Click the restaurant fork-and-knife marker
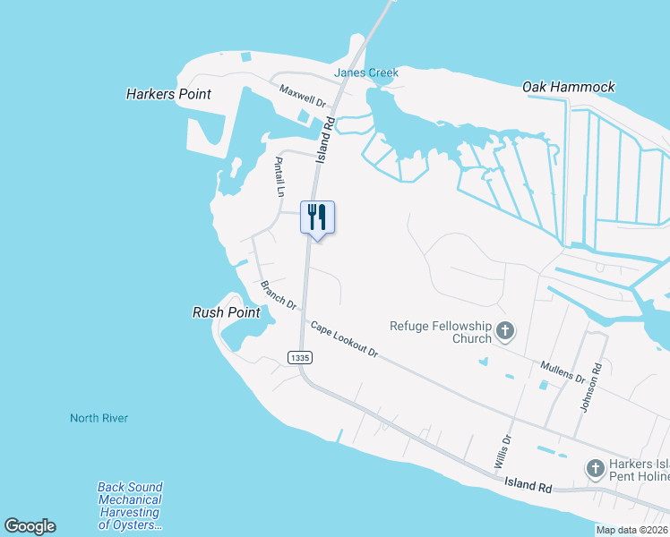pos(317,217)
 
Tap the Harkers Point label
pos(168,94)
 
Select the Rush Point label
pos(227,312)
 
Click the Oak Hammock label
pos(569,87)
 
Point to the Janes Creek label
pos(366,72)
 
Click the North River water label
pos(99,418)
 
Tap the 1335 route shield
pos(300,357)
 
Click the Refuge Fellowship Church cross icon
pos(505,332)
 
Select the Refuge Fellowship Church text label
pos(441,332)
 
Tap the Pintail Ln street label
pos(279,176)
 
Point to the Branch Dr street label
pos(279,294)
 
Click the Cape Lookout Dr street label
pos(345,339)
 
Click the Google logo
pos(30,526)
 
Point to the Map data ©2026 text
pos(631,530)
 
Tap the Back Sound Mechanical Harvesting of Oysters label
pos(130,506)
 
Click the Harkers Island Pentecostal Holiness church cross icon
pos(595,467)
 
